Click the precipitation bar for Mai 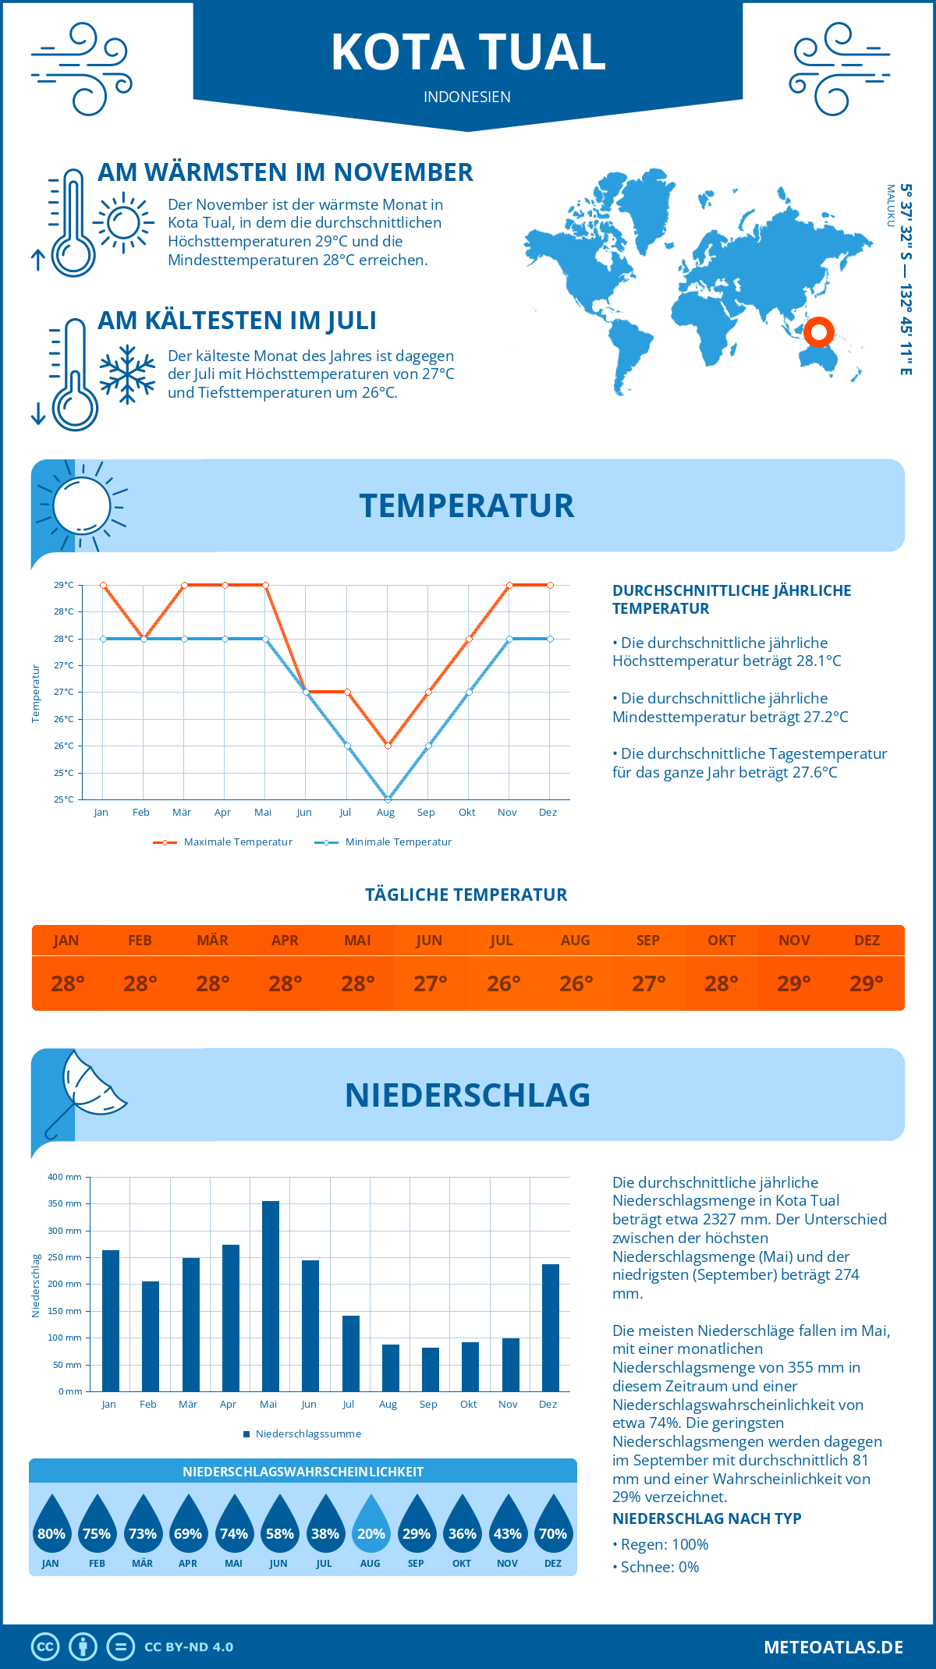coord(271,1296)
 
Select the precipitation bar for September coord(431,1370)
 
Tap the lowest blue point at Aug coord(388,799)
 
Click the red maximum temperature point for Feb coord(144,639)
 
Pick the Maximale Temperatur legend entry coord(224,842)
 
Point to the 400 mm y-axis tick coord(66,1177)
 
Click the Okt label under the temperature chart coord(466,813)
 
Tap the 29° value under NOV coord(794,983)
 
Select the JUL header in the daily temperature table coord(502,941)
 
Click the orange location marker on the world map coord(819,332)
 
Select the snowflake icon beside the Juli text coord(127,374)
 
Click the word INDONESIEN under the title coord(467,97)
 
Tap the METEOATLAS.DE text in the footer coord(833,1647)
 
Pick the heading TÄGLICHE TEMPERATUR coord(466,895)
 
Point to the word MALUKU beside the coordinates coord(890,206)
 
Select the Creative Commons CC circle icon coord(45,1647)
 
